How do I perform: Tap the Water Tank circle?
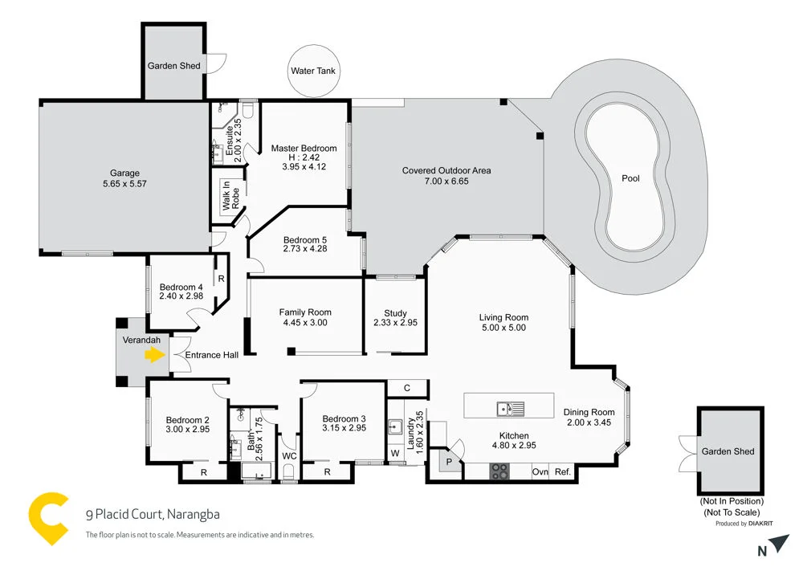pos(313,71)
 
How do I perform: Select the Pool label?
pos(630,178)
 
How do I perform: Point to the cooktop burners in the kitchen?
pos(499,472)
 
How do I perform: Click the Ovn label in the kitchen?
pos(540,472)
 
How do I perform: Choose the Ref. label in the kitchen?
pos(562,472)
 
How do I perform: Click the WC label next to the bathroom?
pos(290,456)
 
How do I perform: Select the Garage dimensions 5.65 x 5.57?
pos(124,184)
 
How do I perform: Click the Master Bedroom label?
pos(304,149)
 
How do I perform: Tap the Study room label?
pos(395,313)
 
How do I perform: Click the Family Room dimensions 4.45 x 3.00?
pos(305,323)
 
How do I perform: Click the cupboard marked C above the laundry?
pos(407,388)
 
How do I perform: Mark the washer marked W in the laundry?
pos(394,453)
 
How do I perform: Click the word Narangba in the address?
pos(194,515)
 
